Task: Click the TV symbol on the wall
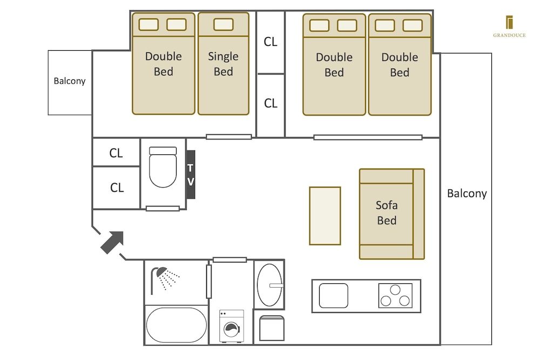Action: tap(190, 175)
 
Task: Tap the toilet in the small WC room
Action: tap(163, 167)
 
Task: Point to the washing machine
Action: tap(231, 326)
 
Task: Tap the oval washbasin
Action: tap(269, 284)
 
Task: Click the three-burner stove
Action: tap(395, 296)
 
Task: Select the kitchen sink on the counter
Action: tap(333, 296)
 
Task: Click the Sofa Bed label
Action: tap(387, 213)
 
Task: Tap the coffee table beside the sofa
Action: tap(325, 215)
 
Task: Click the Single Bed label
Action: tap(223, 64)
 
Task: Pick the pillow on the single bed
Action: tap(223, 24)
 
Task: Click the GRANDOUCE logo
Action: tap(509, 26)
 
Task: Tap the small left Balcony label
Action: tap(70, 81)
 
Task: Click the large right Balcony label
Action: tap(467, 193)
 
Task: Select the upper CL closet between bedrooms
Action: tap(271, 42)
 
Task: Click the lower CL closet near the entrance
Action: tap(117, 188)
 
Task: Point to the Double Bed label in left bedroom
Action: tap(163, 64)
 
